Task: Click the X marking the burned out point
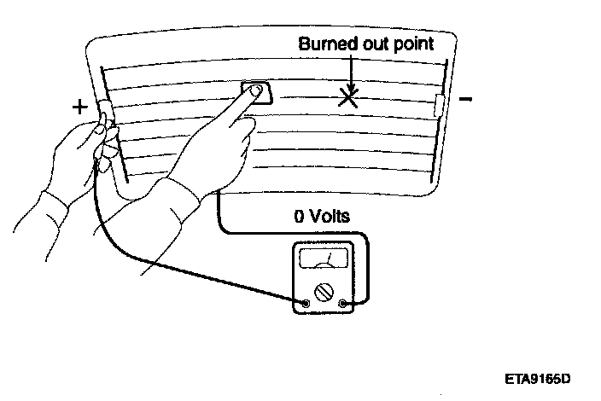pos(347,98)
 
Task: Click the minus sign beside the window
pos(465,101)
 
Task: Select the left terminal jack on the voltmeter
pos(306,303)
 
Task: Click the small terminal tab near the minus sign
pos(440,105)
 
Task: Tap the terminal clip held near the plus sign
pos(107,111)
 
